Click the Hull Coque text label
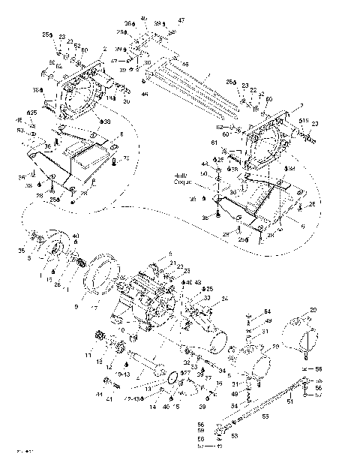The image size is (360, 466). pyautogui.click(x=184, y=178)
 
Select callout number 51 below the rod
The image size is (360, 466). pyautogui.click(x=311, y=401)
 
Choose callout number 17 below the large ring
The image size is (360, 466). pyautogui.click(x=94, y=307)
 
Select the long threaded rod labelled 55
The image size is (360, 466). pyautogui.click(x=262, y=409)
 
